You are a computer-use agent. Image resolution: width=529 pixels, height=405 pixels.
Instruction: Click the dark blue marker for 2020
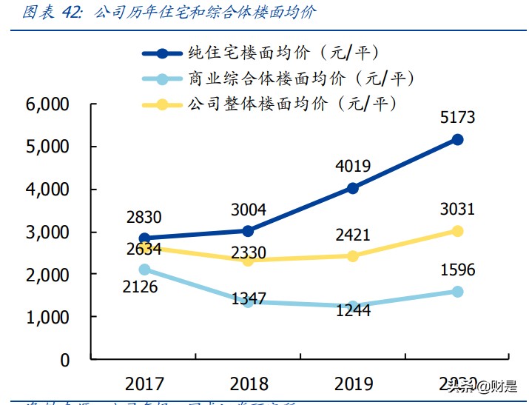coord(457,139)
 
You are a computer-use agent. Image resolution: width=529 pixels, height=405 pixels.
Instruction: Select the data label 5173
coord(457,117)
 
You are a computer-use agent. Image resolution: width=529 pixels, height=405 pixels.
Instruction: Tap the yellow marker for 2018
coord(249,261)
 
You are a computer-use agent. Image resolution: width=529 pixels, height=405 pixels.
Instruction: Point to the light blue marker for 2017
coord(145,270)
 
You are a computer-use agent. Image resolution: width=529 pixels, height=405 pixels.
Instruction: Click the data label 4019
coord(352,167)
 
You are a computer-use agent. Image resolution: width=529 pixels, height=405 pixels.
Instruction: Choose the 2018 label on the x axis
coord(249,384)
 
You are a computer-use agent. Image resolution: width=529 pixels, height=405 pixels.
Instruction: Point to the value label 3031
coord(457,210)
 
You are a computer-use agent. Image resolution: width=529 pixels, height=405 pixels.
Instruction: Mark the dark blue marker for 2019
coord(353,188)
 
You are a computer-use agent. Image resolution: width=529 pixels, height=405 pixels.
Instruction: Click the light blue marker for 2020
coord(457,292)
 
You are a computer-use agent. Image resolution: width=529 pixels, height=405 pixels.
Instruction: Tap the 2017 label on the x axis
coord(145,384)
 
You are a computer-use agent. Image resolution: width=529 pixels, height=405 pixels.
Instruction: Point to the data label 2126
coord(140,287)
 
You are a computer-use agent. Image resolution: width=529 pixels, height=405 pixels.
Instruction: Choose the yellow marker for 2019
coord(353,256)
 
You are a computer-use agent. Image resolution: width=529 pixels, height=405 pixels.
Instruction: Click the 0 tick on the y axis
coord(64,360)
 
